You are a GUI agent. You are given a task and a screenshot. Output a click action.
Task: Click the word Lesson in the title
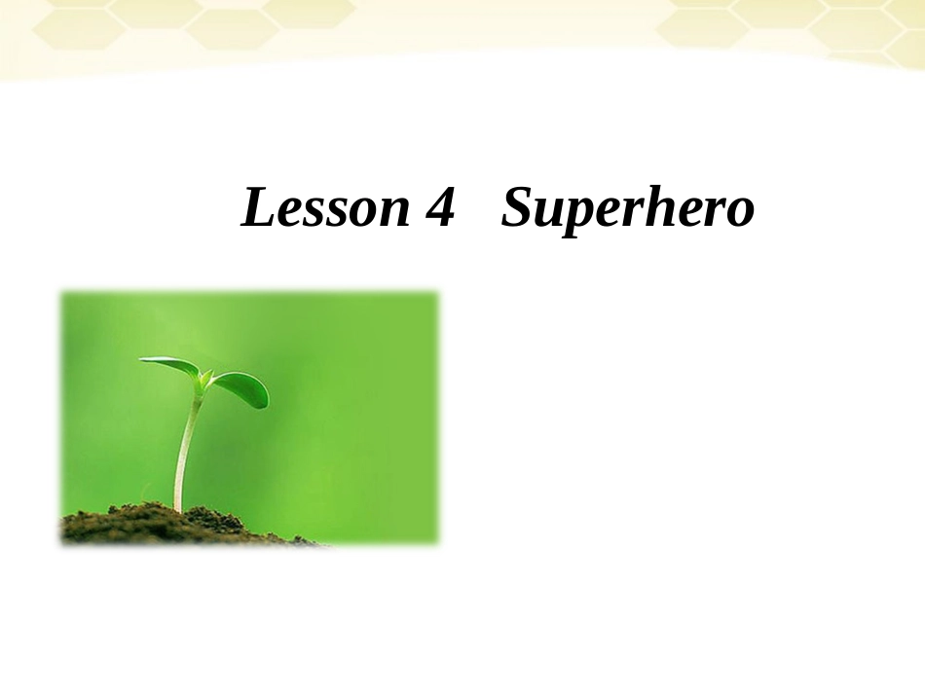[325, 208]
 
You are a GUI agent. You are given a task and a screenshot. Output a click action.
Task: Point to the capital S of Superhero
[517, 207]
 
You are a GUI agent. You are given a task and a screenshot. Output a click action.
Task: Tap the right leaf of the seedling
[241, 388]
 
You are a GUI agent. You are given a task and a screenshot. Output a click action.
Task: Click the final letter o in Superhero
[739, 212]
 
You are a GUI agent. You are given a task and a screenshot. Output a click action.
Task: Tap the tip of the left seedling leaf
[143, 360]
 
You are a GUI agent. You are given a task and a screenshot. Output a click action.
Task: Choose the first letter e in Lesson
[289, 212]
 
